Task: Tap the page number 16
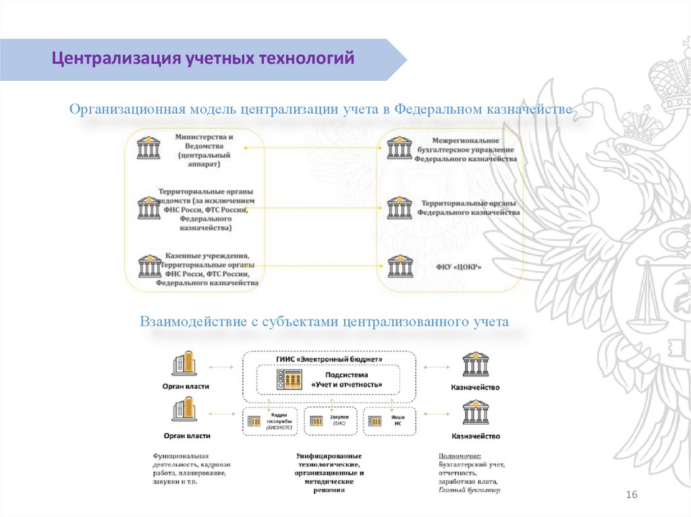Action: (x=632, y=495)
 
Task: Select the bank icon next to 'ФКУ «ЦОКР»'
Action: (x=399, y=267)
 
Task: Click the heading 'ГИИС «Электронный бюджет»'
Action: (x=329, y=359)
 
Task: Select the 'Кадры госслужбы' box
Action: (x=271, y=421)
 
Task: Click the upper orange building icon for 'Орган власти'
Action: (x=185, y=363)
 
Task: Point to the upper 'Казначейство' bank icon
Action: (x=475, y=364)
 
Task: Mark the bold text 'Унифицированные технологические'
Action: (x=329, y=460)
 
